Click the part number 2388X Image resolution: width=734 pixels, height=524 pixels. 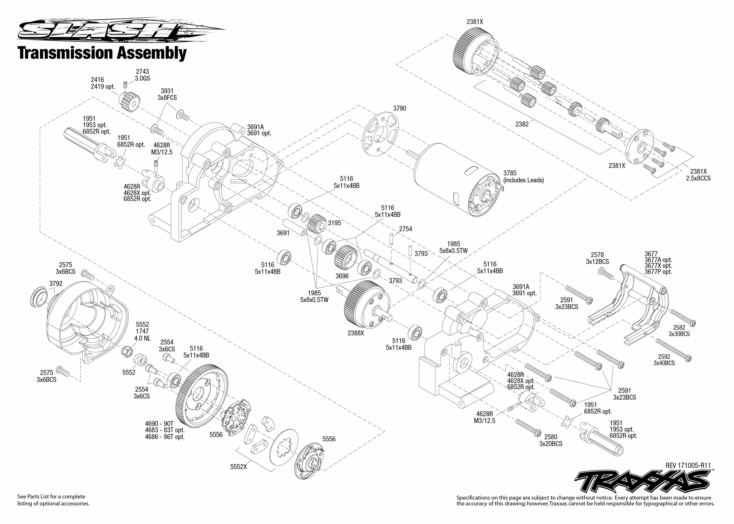pos(356,333)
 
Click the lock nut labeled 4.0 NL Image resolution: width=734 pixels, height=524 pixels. pos(127,351)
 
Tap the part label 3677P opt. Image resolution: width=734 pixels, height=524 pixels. pos(658,272)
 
